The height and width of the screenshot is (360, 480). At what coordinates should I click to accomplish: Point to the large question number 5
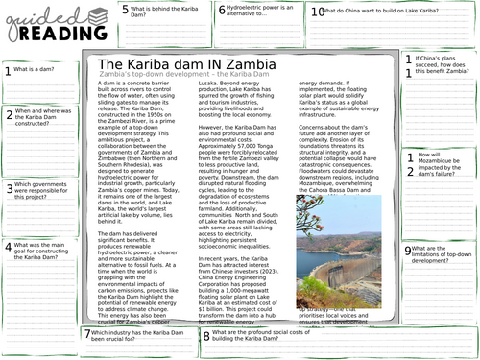pyautogui.click(x=126, y=11)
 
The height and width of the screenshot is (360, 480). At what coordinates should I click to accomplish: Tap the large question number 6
pyautogui.click(x=222, y=11)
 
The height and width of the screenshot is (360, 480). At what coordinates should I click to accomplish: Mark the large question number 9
pyautogui.click(x=408, y=251)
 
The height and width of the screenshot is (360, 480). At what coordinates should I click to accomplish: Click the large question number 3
pyautogui.click(x=9, y=189)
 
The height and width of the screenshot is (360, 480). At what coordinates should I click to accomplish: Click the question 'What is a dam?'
pyautogui.click(x=35, y=70)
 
